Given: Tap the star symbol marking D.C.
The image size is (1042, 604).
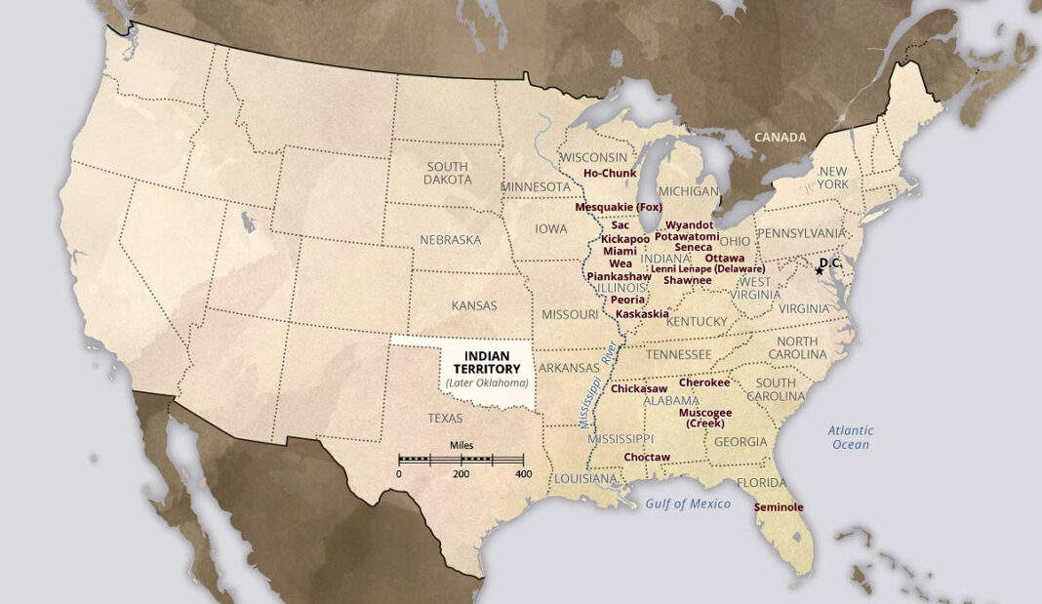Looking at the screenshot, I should pyautogui.click(x=819, y=271).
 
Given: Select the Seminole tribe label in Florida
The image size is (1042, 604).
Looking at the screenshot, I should pyautogui.click(x=779, y=507).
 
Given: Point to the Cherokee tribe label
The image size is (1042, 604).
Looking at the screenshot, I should pyautogui.click(x=704, y=383).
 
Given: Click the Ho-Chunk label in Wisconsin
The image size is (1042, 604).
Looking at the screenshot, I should pyautogui.click(x=610, y=174).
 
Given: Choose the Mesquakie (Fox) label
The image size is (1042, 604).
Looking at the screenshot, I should pyautogui.click(x=619, y=207).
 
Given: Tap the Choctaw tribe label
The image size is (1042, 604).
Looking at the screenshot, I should pyautogui.click(x=647, y=457).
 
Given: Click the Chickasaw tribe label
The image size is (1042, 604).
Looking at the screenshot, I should pyautogui.click(x=640, y=388).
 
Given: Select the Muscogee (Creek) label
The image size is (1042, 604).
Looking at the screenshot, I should pyautogui.click(x=705, y=418).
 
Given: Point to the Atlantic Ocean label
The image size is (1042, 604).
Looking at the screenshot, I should pyautogui.click(x=850, y=437).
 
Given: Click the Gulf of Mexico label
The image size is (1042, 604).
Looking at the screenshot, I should pyautogui.click(x=688, y=503).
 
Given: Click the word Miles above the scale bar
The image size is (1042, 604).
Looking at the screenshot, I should pyautogui.click(x=461, y=445).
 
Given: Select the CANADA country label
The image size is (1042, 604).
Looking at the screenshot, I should pyautogui.click(x=781, y=138).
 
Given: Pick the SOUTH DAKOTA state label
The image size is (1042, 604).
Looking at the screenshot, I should pyautogui.click(x=448, y=173).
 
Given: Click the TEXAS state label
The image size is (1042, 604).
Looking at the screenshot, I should pyautogui.click(x=446, y=418).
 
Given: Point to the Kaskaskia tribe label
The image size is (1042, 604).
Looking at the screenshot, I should pyautogui.click(x=642, y=314).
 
